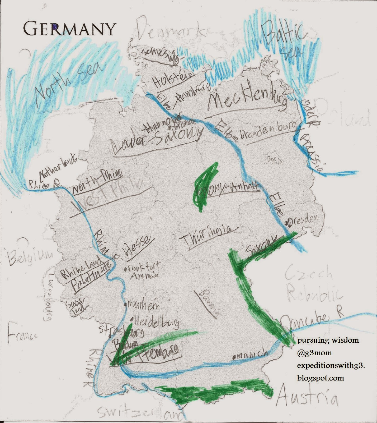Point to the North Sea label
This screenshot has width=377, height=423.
[69, 81]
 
